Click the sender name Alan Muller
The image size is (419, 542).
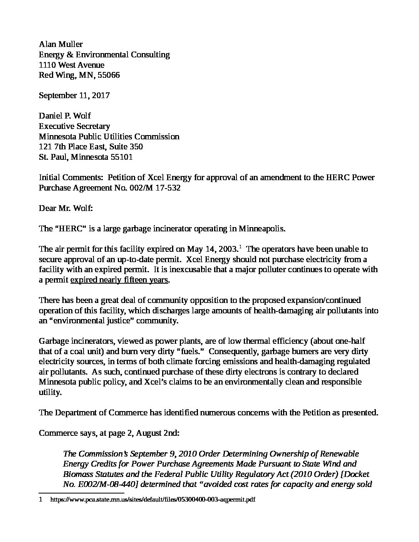[x=60, y=44]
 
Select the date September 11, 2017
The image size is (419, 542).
[x=74, y=95]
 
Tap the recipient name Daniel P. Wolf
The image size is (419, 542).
[x=65, y=116]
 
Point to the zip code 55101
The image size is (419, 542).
[x=121, y=157]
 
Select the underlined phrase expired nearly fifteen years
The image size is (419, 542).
[x=119, y=280]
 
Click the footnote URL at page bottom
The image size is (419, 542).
[x=153, y=500]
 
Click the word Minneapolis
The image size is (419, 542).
[x=262, y=229]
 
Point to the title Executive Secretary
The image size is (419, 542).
[x=74, y=126]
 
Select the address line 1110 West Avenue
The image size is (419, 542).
[x=71, y=65]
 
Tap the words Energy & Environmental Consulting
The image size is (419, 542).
[x=104, y=55]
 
